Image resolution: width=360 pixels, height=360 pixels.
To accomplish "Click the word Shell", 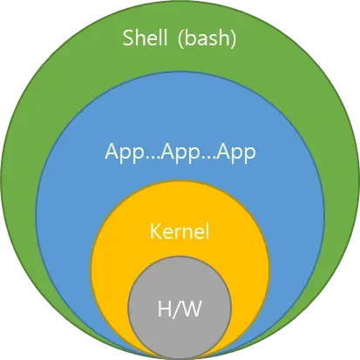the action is point(145,37).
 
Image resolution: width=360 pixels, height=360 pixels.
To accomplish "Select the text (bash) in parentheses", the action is point(207,38).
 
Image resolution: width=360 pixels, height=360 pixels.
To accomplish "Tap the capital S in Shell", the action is point(128,37).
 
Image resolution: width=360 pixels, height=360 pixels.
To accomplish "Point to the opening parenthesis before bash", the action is point(180,38).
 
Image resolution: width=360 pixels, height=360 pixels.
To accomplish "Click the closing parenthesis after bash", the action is point(233,38).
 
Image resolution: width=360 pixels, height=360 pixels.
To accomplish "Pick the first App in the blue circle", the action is point(125,153).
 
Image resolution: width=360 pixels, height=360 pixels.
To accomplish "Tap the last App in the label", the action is point(236,153).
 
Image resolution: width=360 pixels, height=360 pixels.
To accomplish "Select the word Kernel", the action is point(180,231).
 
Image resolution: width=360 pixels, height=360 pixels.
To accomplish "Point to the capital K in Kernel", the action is point(155,231).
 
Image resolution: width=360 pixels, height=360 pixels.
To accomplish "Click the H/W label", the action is point(180,309).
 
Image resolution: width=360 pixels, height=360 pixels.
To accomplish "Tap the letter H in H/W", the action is point(164,309).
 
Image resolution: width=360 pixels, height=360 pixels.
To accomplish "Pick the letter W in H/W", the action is point(191,309).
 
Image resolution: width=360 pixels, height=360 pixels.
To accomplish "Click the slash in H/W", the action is point(175,309).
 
